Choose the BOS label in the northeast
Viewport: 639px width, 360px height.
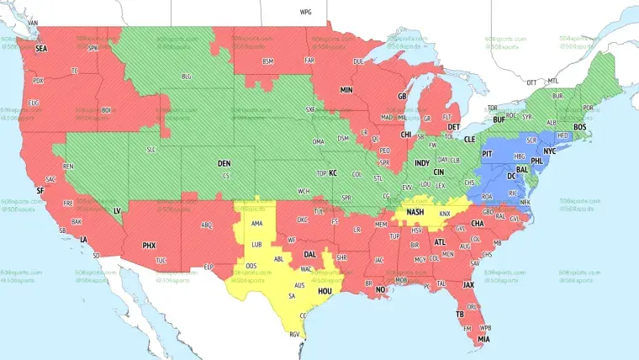(x=580, y=126)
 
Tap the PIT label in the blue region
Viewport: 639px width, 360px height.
(x=487, y=155)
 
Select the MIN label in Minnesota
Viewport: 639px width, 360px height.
(x=346, y=89)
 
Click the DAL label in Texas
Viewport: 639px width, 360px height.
(x=310, y=253)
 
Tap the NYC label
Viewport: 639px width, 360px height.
(x=550, y=151)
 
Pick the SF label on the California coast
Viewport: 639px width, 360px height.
(x=40, y=191)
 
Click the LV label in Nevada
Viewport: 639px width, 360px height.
(x=117, y=209)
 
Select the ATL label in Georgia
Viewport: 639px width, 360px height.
(x=439, y=242)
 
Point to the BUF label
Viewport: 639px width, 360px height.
(x=499, y=120)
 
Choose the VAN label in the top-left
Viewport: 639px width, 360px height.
(x=33, y=21)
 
